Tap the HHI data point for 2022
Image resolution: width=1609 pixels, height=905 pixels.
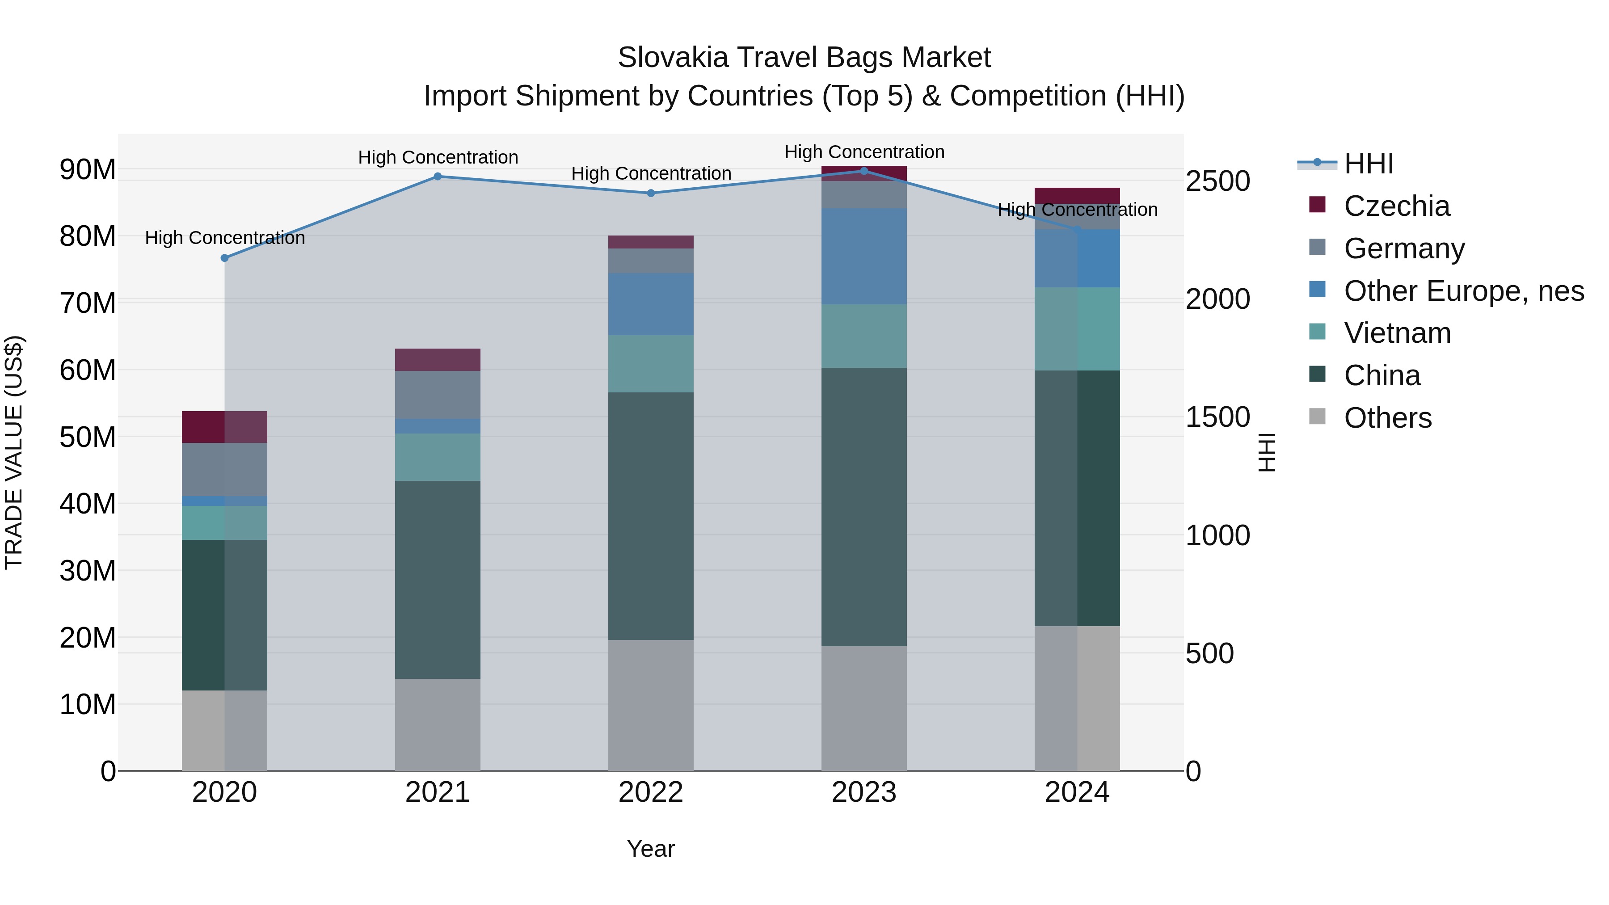pyautogui.click(x=651, y=193)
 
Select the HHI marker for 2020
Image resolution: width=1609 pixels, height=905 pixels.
pyautogui.click(x=225, y=258)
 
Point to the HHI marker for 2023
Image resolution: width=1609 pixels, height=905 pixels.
pyautogui.click(x=864, y=171)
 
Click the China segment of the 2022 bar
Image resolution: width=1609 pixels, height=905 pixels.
pyautogui.click(x=651, y=516)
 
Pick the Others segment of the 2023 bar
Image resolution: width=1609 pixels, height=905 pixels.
pyautogui.click(x=864, y=708)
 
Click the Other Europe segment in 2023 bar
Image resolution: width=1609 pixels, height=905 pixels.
pyautogui.click(x=864, y=257)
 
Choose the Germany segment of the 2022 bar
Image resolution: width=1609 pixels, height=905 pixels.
pyautogui.click(x=651, y=261)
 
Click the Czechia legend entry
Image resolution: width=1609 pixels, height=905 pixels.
pyautogui.click(x=1397, y=206)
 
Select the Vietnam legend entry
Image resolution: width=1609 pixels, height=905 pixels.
pyautogui.click(x=1397, y=333)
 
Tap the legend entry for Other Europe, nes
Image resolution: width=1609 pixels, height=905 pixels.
pyautogui.click(x=1463, y=291)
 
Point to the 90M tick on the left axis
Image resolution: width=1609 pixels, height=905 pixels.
pyautogui.click(x=88, y=170)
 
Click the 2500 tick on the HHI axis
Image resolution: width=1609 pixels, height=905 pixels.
pyautogui.click(x=1217, y=182)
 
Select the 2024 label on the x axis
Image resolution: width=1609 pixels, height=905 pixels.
pyautogui.click(x=1077, y=792)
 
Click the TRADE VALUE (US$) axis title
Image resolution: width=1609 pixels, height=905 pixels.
pyautogui.click(x=14, y=452)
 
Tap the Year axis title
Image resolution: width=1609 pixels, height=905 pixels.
pyautogui.click(x=651, y=849)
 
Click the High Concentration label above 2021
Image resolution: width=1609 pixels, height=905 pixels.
pyautogui.click(x=438, y=157)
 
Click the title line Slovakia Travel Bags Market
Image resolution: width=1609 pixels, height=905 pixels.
pyautogui.click(x=804, y=58)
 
